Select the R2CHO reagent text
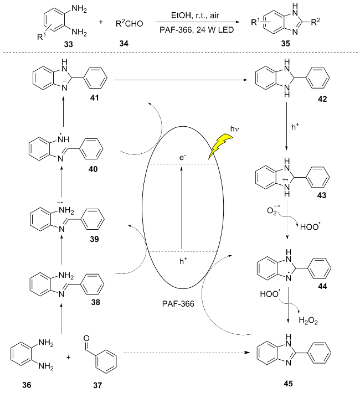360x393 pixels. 132,24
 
